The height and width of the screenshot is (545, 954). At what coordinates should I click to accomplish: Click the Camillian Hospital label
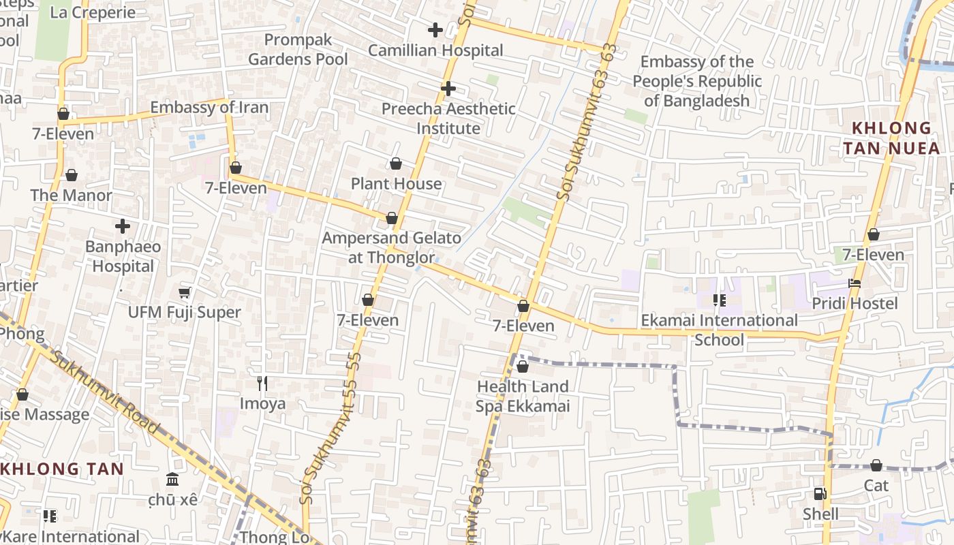435,50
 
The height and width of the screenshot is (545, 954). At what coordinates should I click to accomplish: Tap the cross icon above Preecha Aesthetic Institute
448,89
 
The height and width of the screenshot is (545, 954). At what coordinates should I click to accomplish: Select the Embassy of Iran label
209,108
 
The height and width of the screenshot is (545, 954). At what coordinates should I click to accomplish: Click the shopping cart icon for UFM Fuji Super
184,293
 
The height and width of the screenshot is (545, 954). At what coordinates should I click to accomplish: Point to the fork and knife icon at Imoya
262,384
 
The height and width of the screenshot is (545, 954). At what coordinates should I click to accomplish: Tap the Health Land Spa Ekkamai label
522,396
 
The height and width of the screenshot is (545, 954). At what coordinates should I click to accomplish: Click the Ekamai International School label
719,330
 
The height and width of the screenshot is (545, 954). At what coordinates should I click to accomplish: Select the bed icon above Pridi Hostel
855,283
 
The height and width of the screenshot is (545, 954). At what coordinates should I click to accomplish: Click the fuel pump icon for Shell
820,494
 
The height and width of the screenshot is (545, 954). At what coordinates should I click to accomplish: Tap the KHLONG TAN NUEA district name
891,138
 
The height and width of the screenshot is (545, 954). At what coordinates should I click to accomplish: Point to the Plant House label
396,184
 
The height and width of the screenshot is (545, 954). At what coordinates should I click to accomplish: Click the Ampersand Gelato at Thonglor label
391,248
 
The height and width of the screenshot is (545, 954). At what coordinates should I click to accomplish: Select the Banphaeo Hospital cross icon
123,226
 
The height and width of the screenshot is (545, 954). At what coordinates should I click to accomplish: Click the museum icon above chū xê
172,480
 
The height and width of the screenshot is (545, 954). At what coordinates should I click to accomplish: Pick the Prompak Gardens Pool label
298,50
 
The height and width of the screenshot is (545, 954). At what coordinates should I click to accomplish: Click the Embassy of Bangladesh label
697,81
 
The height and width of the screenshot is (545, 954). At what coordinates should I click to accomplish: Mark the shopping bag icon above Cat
876,466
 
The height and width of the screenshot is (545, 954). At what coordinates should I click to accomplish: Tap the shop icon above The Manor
72,176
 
